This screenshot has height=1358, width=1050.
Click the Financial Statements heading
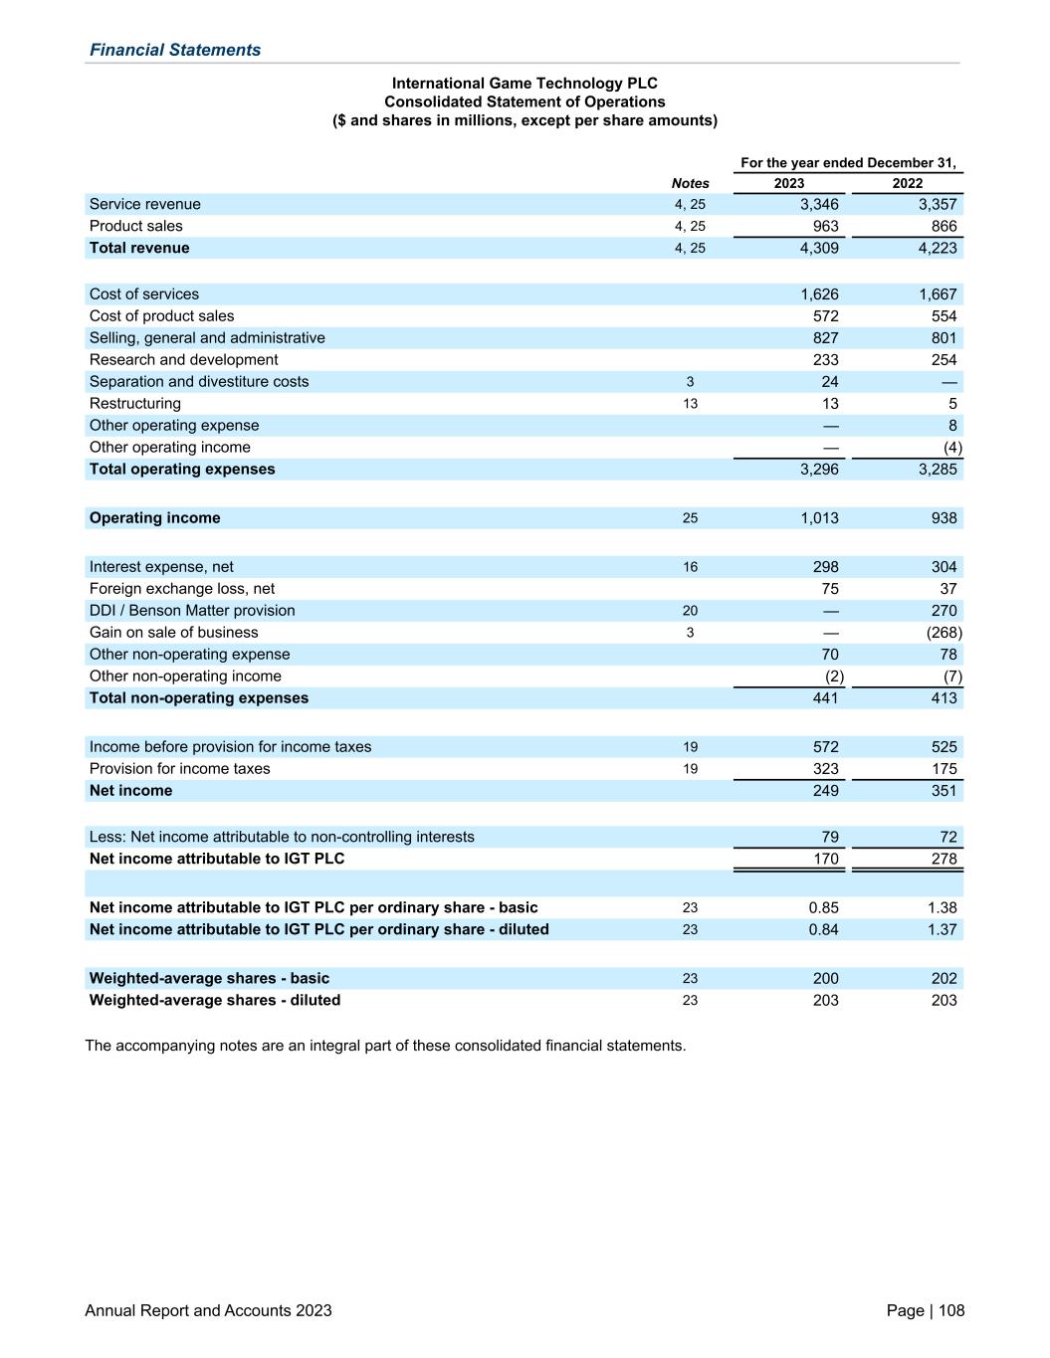[x=175, y=50]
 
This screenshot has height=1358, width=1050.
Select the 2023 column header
[x=788, y=183]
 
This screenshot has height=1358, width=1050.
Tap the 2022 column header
[x=907, y=183]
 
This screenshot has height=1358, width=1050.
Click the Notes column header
[x=690, y=183]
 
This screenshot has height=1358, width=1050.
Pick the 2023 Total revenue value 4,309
[x=819, y=248]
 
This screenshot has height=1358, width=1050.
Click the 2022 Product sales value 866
[x=944, y=226]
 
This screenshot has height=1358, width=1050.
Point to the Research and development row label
[x=183, y=360]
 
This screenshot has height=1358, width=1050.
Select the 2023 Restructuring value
[x=829, y=404]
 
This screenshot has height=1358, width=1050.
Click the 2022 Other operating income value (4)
[x=951, y=448]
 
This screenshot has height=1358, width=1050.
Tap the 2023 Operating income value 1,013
[x=819, y=518]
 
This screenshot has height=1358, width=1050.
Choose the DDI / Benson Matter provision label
[x=192, y=611]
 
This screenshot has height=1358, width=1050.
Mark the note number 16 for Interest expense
[x=690, y=567]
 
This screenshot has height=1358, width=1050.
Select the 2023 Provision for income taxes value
[x=825, y=769]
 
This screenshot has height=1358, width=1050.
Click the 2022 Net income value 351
[x=944, y=791]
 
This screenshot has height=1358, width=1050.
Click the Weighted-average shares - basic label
[x=209, y=978]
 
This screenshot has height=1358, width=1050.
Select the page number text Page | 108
[x=925, y=1310]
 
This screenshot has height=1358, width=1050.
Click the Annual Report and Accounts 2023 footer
[x=208, y=1310]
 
